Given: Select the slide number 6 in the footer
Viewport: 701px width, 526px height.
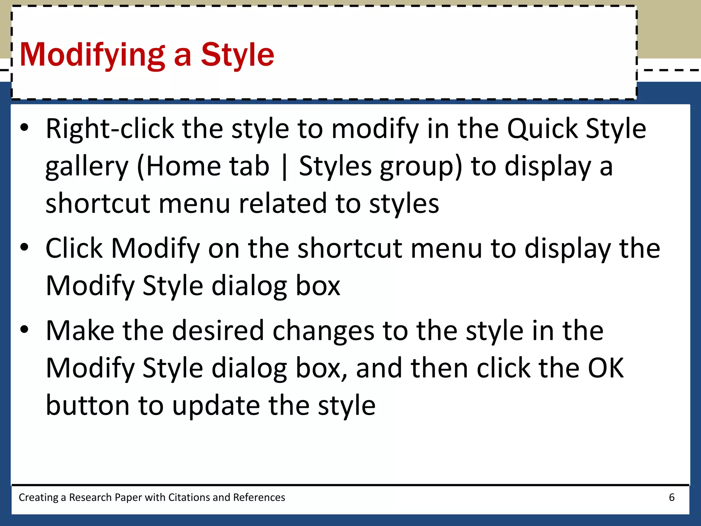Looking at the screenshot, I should point(672,497).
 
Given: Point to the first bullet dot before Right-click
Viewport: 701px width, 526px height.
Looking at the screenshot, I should point(24,128).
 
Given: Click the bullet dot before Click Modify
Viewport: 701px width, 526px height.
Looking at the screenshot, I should point(24,247).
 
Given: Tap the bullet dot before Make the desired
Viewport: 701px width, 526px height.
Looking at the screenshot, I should point(24,329).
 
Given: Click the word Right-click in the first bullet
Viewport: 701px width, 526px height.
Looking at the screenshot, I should point(110,129).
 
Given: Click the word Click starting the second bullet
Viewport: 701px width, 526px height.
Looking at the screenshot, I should point(74,248).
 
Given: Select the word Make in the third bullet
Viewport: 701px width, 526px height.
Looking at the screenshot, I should point(80,331).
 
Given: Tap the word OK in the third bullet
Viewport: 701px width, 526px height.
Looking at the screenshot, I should point(606,368).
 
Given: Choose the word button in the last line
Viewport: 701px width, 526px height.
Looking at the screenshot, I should point(88,405).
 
